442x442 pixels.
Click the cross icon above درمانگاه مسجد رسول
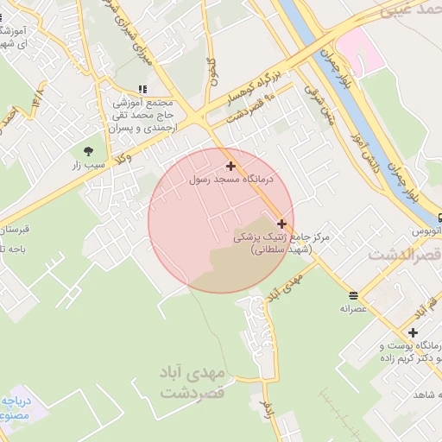point(230,166)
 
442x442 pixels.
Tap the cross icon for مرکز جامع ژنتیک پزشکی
point(281,224)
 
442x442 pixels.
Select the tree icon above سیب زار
point(89,150)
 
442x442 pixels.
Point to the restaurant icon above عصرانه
point(353,294)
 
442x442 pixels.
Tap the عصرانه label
point(353,308)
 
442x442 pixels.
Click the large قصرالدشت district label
point(404,256)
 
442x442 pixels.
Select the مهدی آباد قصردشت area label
point(192,382)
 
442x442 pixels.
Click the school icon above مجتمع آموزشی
point(142,89)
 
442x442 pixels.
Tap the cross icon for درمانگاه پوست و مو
point(414,333)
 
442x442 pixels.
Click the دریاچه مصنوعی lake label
point(15,407)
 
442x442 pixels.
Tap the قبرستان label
point(12,230)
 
